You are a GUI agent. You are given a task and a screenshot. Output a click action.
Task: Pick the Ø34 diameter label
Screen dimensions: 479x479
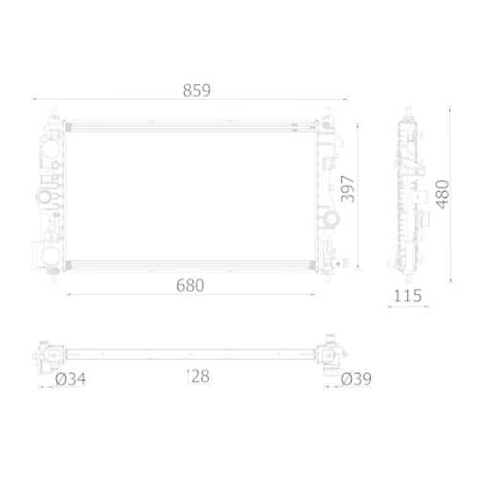tap(71, 379)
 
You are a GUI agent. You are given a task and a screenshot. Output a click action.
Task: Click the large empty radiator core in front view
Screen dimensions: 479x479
tap(192, 192)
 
